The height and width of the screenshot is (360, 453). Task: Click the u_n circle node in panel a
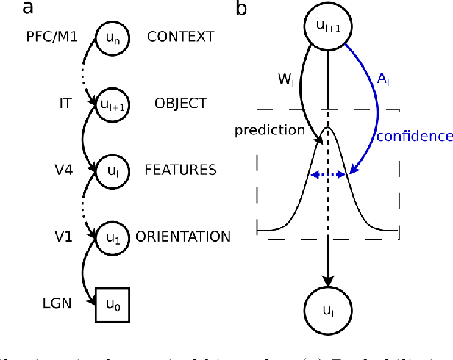[x=112, y=37]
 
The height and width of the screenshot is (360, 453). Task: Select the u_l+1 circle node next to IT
[x=112, y=104]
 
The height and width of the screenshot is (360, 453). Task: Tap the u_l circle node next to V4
[x=112, y=170]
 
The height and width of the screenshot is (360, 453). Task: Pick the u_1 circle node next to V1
[x=112, y=237]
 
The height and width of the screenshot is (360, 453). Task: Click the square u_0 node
[x=112, y=303]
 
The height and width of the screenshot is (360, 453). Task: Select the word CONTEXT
[x=180, y=36]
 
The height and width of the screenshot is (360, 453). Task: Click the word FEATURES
[x=180, y=170]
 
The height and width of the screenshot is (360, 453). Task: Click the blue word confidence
[x=415, y=136]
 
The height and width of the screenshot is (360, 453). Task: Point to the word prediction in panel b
[x=269, y=130]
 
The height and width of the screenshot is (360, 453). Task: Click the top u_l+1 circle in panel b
[x=328, y=29]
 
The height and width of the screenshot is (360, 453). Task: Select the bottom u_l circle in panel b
[x=328, y=311]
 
